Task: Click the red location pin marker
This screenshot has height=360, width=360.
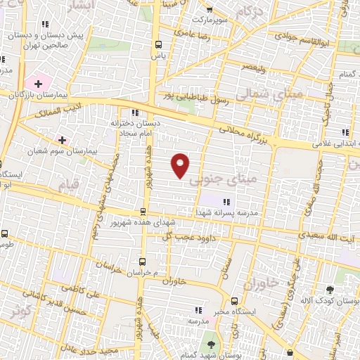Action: [181, 165]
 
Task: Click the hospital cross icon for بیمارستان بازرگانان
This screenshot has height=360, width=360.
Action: [38, 84]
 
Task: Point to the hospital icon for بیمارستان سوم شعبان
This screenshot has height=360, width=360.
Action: [63, 140]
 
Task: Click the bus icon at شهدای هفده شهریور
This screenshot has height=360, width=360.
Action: [143, 212]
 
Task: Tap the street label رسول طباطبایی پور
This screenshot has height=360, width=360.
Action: [188, 96]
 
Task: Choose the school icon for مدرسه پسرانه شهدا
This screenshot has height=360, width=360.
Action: [225, 202]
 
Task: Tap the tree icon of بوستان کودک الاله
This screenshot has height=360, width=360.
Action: [330, 289]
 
